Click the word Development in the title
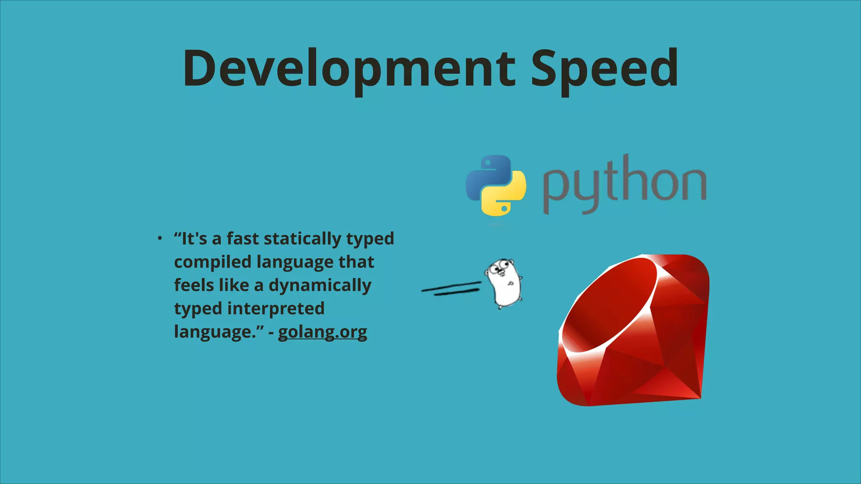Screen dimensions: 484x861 coord(349,68)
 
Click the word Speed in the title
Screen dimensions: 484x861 coord(604,68)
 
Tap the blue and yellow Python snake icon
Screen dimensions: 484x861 coord(496,185)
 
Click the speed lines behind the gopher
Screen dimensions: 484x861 coord(452,289)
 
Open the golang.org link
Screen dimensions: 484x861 coord(322,332)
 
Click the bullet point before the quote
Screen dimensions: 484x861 coord(160,239)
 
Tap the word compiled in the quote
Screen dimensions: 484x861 coord(213,262)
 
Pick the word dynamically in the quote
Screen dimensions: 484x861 coord(320,286)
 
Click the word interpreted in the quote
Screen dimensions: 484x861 coord(282,309)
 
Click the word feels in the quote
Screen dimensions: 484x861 coord(194,285)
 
